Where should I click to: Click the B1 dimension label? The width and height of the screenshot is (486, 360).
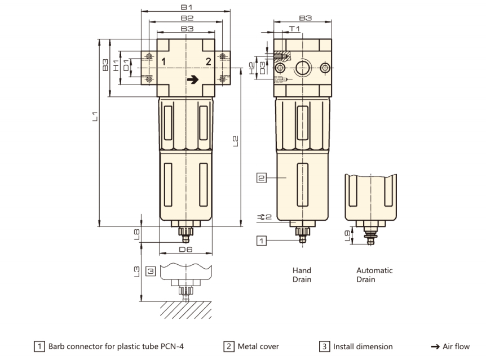pos(187,7)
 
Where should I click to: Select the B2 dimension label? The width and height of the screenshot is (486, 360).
pos(187,17)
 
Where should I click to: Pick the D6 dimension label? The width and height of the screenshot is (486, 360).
pos(186,249)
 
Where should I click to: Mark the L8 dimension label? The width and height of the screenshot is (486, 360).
pos(136,234)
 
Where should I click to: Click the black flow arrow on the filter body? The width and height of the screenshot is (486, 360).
pos(193,80)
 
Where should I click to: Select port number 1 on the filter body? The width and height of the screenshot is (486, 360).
pos(163,61)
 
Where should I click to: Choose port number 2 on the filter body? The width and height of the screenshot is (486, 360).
pos(208,61)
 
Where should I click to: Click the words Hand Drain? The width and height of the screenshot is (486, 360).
pos(302,275)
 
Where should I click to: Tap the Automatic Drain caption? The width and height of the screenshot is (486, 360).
pos(374,275)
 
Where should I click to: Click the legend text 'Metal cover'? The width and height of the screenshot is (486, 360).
pos(258,346)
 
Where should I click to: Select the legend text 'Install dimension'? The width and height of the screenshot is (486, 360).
pos(363,346)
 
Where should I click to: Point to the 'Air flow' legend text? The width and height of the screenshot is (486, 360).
pos(457,346)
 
